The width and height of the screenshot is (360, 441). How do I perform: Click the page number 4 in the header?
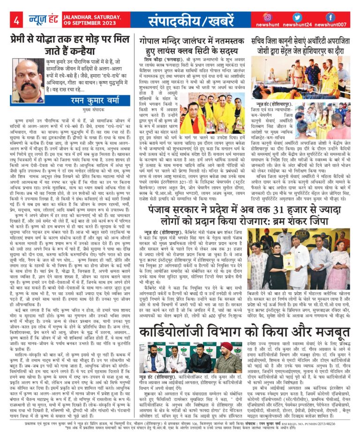pos(16,21)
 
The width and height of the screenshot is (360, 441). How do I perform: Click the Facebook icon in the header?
pos(330,17)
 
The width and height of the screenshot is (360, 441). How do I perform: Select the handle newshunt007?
pos(330,25)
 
